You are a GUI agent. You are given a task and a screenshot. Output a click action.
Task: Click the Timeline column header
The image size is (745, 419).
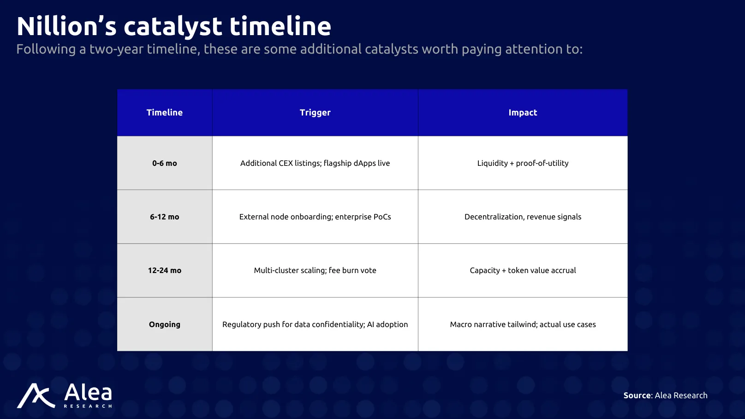coord(165,113)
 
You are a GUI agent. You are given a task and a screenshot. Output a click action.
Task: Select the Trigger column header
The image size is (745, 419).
coord(315,113)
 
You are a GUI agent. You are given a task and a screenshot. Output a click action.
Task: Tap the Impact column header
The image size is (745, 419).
coord(523,113)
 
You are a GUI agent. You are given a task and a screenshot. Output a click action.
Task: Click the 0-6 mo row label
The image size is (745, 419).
coord(165,163)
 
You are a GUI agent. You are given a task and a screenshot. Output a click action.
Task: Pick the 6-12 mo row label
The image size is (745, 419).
coord(165,217)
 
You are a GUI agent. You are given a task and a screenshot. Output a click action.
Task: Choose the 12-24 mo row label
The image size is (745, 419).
coord(165,270)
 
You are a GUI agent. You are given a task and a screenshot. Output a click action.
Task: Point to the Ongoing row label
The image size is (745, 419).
coord(165,324)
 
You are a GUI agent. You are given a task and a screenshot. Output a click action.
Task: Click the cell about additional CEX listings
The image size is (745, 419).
coord(315,163)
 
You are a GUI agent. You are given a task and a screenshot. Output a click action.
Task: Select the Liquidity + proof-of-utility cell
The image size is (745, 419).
coord(523,163)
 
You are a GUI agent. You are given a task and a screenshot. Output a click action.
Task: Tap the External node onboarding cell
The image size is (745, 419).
coord(315,217)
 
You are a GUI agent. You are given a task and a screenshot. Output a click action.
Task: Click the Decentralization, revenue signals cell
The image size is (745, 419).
coord(523,217)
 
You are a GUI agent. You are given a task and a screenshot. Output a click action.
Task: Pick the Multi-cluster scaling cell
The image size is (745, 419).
coord(315,270)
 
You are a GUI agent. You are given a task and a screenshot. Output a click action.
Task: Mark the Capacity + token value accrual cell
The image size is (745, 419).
coord(523,270)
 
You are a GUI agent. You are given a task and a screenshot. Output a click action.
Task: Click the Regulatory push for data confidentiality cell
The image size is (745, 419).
coord(315,324)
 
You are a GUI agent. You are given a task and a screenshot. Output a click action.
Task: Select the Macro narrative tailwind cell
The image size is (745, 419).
coord(523,324)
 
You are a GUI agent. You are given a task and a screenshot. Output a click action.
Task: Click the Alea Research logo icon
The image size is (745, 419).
coord(36,395)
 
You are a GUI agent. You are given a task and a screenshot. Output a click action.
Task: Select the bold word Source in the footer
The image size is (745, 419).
coord(637,395)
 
